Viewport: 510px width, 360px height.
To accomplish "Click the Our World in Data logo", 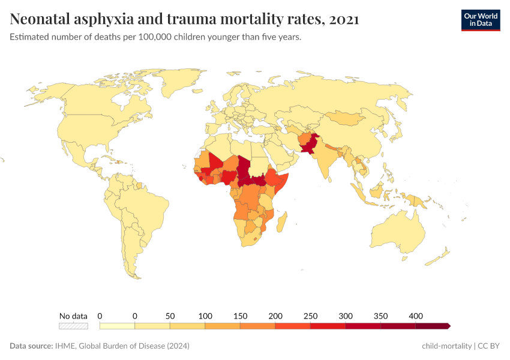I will pyautogui.click(x=480, y=20).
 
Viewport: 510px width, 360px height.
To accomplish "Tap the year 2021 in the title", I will pyautogui.click(x=344, y=19).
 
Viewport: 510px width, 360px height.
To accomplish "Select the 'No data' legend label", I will pyautogui.click(x=73, y=316).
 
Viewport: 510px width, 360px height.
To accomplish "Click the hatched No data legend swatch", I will pyautogui.click(x=73, y=326).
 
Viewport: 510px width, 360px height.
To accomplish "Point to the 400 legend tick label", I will pyautogui.click(x=416, y=316).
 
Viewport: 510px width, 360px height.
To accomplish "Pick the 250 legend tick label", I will pyautogui.click(x=310, y=316).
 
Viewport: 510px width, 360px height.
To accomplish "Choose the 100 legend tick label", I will pyautogui.click(x=205, y=316).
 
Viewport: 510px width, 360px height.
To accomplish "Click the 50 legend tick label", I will pyautogui.click(x=170, y=316).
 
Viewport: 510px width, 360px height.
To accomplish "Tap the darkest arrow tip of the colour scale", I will pyautogui.click(x=448, y=326).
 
